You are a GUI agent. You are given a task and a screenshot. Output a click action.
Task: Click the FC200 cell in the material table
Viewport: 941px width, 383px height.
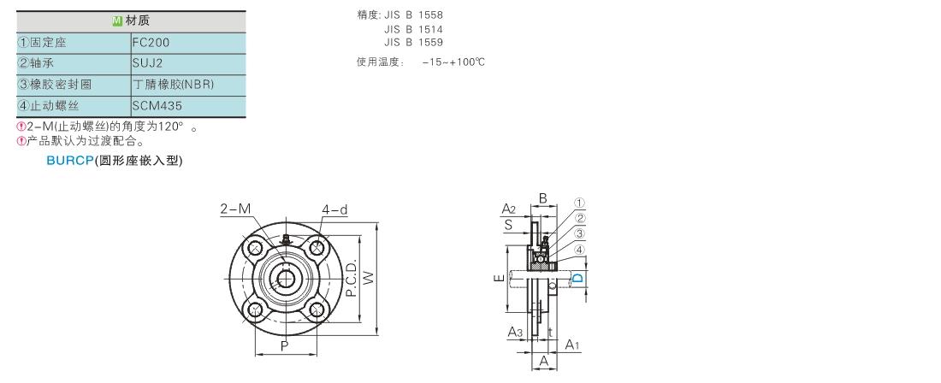click(x=151, y=42)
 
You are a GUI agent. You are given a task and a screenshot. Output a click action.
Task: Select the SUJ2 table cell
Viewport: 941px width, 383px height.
click(x=147, y=63)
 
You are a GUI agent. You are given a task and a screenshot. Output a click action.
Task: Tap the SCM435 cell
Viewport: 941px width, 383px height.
click(x=157, y=106)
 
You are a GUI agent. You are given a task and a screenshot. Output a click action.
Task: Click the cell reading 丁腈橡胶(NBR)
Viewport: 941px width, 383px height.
click(x=174, y=85)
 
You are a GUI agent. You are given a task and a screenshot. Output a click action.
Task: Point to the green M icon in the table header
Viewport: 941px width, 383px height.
click(x=117, y=21)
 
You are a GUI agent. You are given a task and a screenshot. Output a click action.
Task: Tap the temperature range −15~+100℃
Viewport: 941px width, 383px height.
click(x=453, y=62)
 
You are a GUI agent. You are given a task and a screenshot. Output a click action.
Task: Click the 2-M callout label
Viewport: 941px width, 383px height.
click(x=235, y=209)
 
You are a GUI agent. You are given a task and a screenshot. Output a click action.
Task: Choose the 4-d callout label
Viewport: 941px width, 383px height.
click(x=334, y=209)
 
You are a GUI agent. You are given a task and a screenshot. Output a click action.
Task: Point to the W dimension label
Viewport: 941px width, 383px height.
click(x=369, y=277)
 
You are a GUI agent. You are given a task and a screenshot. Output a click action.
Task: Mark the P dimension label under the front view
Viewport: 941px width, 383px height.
click(x=285, y=345)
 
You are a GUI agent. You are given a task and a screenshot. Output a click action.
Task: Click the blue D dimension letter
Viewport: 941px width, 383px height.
click(x=577, y=279)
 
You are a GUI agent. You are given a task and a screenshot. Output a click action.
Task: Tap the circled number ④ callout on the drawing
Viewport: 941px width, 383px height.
click(x=579, y=250)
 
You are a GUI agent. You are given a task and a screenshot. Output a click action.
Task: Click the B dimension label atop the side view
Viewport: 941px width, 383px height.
click(x=542, y=198)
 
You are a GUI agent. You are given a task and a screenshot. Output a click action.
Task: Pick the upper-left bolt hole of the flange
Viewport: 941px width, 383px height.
click(x=255, y=248)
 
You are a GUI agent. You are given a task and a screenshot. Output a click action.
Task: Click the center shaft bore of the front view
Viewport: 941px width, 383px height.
click(x=286, y=278)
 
